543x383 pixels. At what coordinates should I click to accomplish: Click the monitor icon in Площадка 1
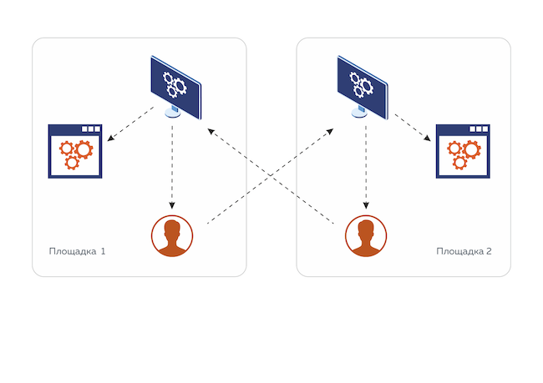175,86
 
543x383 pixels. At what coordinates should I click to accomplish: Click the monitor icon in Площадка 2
362,86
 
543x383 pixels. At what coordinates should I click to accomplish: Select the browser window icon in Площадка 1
75,151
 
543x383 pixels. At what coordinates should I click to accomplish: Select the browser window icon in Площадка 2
463,151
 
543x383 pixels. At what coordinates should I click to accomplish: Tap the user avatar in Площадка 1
172,236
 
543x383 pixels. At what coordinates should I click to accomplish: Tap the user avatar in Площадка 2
366,236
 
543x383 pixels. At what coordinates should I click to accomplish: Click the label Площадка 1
77,251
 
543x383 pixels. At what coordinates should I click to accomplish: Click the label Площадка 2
464,251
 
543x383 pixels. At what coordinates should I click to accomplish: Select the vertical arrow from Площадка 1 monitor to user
172,167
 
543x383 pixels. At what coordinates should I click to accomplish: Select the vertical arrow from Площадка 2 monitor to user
366,167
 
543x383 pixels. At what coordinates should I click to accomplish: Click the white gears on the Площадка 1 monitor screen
175,83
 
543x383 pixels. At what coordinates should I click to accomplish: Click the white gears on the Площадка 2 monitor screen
362,83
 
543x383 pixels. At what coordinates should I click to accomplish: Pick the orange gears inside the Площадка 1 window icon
74,154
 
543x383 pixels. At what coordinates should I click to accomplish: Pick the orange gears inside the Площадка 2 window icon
462,154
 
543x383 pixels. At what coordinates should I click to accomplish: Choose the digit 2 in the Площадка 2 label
489,251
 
